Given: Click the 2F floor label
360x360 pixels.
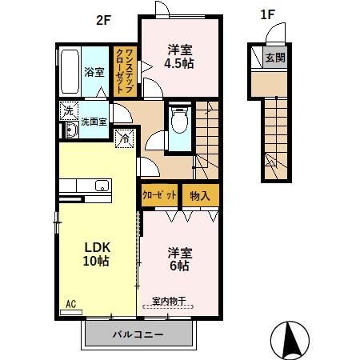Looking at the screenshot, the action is point(103,20).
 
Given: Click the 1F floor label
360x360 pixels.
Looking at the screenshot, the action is point(267,14).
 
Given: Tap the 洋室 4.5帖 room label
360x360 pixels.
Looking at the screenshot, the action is point(179,57).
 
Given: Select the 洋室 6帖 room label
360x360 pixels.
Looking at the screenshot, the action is point(180,259).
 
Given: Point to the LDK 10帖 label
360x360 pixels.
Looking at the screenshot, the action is point(97,254).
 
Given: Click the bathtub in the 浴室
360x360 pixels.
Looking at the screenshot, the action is point(70,71).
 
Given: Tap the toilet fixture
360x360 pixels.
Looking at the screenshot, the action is point(180,120).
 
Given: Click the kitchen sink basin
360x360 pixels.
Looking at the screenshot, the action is point(102,186).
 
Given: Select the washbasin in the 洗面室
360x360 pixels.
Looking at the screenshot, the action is point(72,130).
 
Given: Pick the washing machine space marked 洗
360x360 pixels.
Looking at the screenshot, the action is point(69,110).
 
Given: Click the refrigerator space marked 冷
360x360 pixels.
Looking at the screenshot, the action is point(124,138).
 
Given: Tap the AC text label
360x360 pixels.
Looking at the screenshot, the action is point(71,304).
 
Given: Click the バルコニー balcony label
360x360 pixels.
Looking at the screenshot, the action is point(138,334).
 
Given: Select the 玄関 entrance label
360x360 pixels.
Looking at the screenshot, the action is point(275,58).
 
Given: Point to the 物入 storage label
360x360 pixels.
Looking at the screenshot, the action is point(200,196).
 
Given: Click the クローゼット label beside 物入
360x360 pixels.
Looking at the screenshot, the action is point(159,195).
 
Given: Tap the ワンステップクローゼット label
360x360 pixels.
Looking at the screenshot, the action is point(125,70).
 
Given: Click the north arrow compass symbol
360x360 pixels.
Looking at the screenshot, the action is point(290,341).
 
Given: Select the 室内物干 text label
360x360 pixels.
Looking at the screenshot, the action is point(169,301).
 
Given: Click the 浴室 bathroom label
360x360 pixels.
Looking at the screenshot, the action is point(94,72).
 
